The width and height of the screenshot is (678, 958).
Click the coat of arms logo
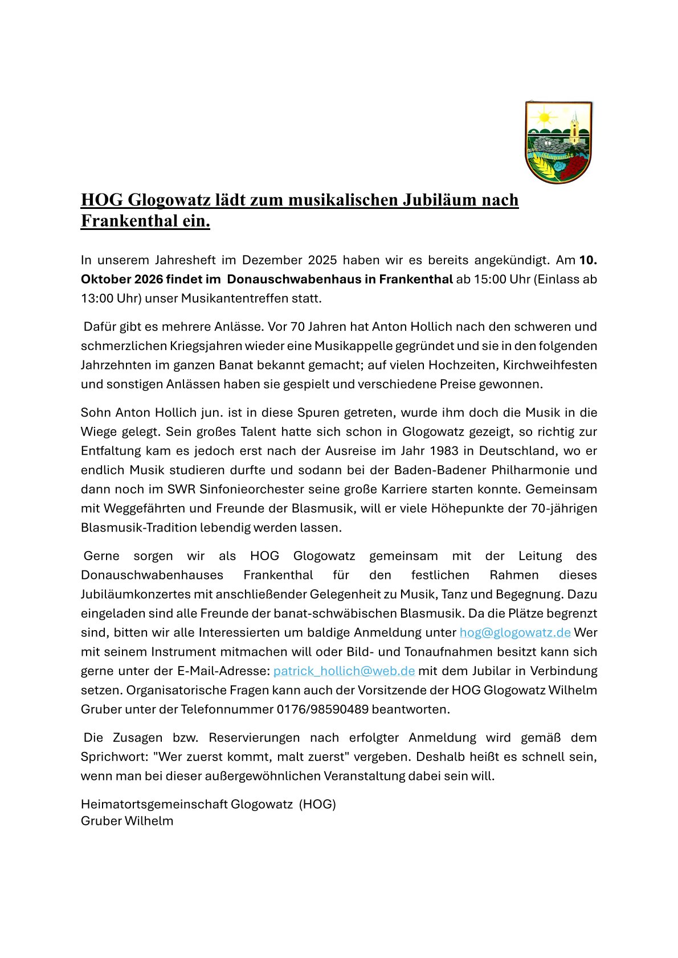(x=558, y=142)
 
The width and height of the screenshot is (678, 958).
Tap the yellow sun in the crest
(x=544, y=118)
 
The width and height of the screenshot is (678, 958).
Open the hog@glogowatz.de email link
(x=515, y=632)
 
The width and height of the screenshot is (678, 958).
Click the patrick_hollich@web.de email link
(x=344, y=671)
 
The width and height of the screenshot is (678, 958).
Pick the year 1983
(x=444, y=450)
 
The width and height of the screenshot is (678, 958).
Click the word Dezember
(x=272, y=260)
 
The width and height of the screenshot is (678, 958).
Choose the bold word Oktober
(x=106, y=279)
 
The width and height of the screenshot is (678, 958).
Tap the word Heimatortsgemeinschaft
(x=154, y=804)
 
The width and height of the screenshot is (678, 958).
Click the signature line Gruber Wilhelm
(x=127, y=821)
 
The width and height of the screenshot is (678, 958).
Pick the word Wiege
(x=98, y=431)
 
